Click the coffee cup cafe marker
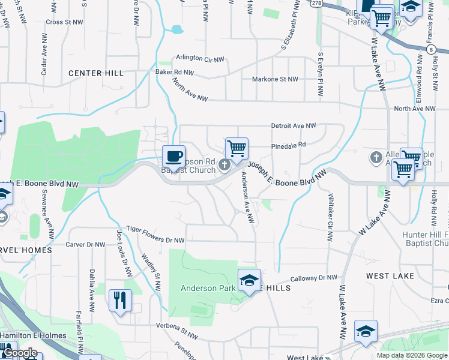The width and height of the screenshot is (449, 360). (173, 156)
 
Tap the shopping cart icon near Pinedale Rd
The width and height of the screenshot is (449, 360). (237, 148)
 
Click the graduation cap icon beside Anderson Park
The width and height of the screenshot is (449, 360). (249, 280)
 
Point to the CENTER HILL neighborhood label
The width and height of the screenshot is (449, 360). (96, 73)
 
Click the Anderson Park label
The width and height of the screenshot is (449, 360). (208, 288)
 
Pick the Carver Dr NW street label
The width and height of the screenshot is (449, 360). (87, 244)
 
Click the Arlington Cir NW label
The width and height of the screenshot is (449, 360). (200, 58)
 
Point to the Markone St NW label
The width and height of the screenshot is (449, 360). (275, 79)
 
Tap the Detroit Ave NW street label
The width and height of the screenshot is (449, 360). (294, 126)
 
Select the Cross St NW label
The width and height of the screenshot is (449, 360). (63, 22)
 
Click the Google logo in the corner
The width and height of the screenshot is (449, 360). (20, 353)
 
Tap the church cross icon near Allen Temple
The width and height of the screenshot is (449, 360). (376, 157)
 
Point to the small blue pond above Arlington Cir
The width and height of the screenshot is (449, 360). (176, 29)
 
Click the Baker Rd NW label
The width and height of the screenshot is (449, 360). (175, 72)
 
